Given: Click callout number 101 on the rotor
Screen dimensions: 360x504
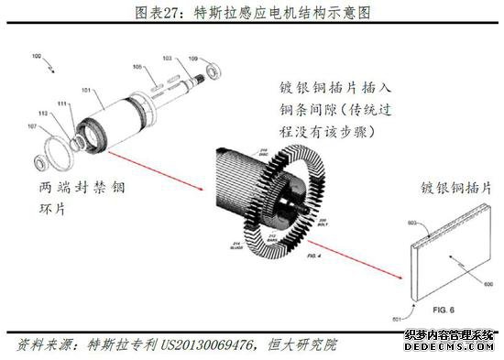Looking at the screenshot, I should (x=87, y=91).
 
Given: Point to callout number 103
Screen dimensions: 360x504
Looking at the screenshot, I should (x=167, y=59).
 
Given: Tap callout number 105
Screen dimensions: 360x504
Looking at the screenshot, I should (x=138, y=67).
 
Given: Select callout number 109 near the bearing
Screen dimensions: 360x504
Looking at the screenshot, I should (x=193, y=59).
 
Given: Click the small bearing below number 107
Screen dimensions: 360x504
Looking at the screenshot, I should (x=42, y=162).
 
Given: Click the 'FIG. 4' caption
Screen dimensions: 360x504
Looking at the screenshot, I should (x=314, y=245).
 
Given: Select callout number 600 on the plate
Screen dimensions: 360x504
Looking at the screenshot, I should (x=487, y=285).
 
